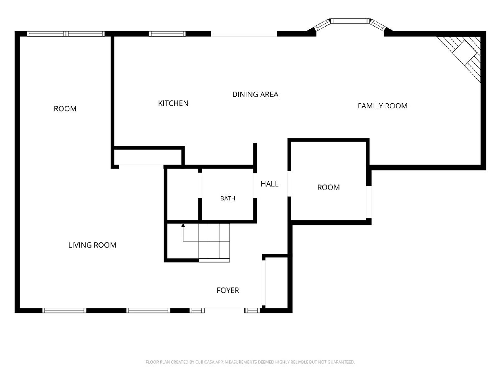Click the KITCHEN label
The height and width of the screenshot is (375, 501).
pyautogui.click(x=173, y=103)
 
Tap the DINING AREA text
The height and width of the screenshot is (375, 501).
pyautogui.click(x=255, y=94)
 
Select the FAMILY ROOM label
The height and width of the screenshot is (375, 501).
pyautogui.click(x=382, y=106)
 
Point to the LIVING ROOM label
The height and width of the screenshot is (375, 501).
pyautogui.click(x=92, y=245)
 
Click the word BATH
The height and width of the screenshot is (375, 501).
pyautogui.click(x=228, y=198)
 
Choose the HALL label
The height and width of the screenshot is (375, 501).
pyautogui.click(x=269, y=184)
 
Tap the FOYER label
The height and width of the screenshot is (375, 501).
pyautogui.click(x=228, y=290)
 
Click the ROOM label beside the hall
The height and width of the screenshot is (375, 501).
pyautogui.click(x=328, y=187)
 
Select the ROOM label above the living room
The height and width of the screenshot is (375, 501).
pyautogui.click(x=65, y=109)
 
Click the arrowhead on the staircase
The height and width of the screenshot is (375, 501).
pyautogui.click(x=183, y=225)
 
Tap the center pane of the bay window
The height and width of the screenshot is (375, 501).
pyautogui.click(x=350, y=21)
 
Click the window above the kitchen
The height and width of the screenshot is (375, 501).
pyautogui.click(x=167, y=34)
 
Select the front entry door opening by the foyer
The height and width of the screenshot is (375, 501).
pyautogui.click(x=224, y=310)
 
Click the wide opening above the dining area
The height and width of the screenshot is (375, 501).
pyautogui.click(x=244, y=34)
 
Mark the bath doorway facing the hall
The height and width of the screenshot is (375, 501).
pyautogui.click(x=255, y=185)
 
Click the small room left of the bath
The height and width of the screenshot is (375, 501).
pyautogui.click(x=183, y=194)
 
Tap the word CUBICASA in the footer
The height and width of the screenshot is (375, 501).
pyautogui.click(x=204, y=362)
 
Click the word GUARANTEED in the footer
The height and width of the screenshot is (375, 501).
pyautogui.click(x=341, y=362)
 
